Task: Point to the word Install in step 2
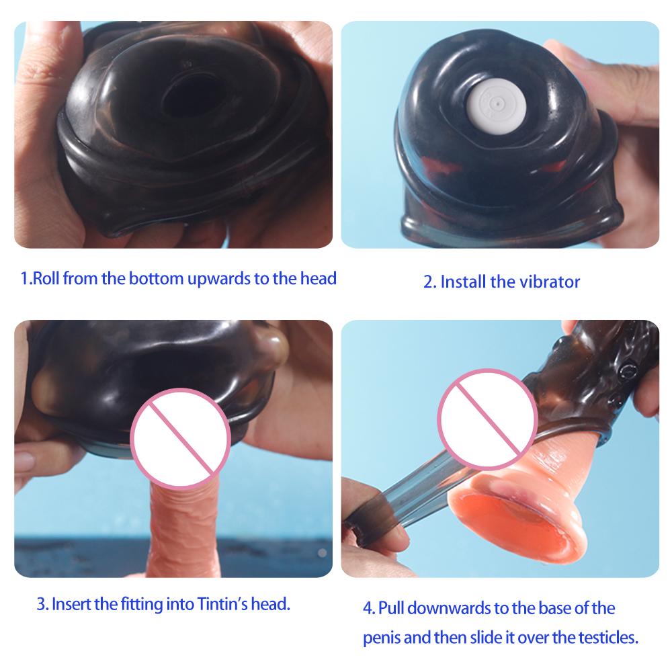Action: click(x=463, y=281)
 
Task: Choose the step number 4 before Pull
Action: click(x=367, y=608)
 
